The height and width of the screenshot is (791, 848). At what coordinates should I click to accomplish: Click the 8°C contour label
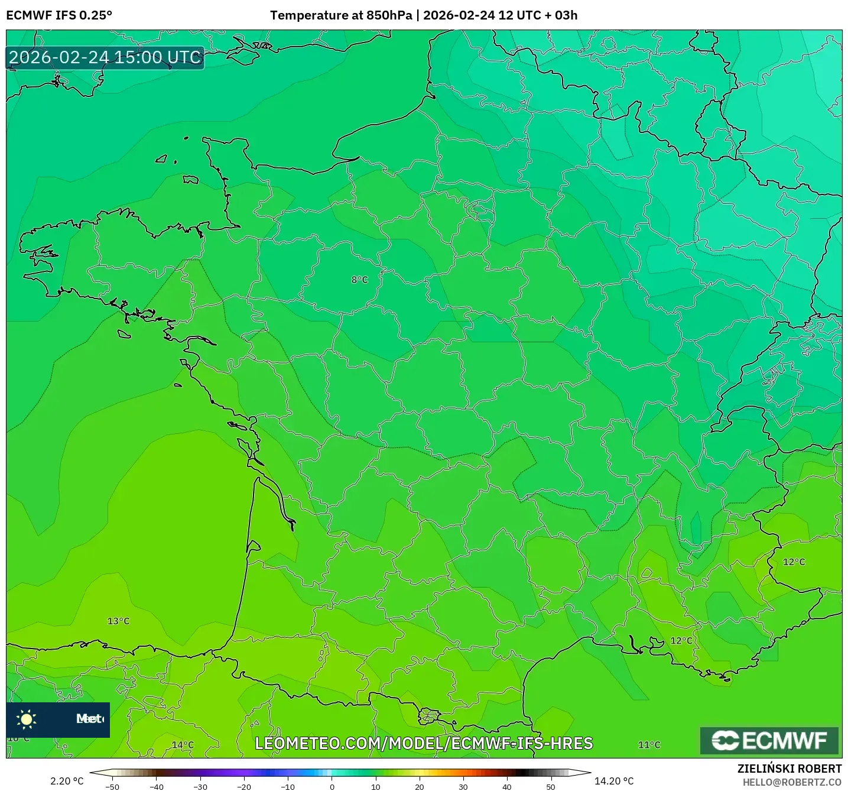coord(359,280)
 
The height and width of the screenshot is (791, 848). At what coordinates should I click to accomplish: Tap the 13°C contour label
coord(118,621)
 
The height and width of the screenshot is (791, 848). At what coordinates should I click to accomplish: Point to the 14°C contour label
coord(183,745)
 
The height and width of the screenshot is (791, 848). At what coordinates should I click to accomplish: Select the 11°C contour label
coord(649,745)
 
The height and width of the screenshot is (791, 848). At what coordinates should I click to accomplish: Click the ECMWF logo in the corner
coord(769,741)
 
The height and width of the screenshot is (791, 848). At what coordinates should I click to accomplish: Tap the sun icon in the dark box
coord(27,719)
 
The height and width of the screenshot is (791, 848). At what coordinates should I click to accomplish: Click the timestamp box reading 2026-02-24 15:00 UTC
coord(105,57)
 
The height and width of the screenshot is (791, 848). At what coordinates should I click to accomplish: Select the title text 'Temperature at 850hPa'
coord(341,15)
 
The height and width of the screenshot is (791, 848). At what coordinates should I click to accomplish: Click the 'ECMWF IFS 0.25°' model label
coord(59,15)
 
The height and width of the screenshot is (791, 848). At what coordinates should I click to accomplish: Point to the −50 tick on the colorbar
coord(112,786)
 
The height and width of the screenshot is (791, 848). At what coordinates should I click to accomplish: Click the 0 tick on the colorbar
coord(332,786)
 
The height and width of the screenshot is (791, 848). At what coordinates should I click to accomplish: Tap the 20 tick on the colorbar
coord(420,786)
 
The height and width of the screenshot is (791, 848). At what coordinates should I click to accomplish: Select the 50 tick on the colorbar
coord(551,786)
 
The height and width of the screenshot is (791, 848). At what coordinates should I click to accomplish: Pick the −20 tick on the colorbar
coord(244,786)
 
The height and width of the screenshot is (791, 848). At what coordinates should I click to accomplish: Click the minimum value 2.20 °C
coord(67,781)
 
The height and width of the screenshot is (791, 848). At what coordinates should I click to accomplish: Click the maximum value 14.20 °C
coord(614,781)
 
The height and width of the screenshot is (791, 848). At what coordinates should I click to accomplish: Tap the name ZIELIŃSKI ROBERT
coord(789,769)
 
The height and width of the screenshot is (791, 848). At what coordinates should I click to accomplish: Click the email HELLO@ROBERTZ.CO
coord(792,782)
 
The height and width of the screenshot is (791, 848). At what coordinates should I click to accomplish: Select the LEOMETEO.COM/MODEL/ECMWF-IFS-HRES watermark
coord(424,743)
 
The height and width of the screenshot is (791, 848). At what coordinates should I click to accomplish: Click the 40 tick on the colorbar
coord(507,786)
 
